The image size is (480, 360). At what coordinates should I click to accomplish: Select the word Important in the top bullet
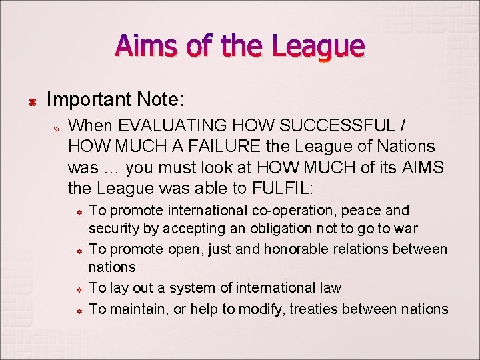click(89, 100)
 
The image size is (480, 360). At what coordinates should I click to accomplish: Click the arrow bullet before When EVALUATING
click(57, 127)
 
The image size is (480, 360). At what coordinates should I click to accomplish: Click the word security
click(114, 229)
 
